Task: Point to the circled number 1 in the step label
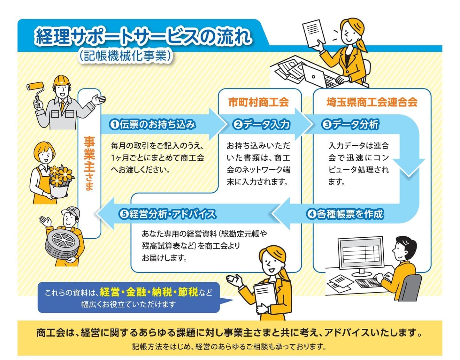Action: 114,125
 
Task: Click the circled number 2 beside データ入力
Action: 238,125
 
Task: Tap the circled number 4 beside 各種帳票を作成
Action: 311,214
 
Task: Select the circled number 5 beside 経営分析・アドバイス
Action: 124,214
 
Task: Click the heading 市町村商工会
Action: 259,103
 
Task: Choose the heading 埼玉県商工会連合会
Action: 372,103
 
